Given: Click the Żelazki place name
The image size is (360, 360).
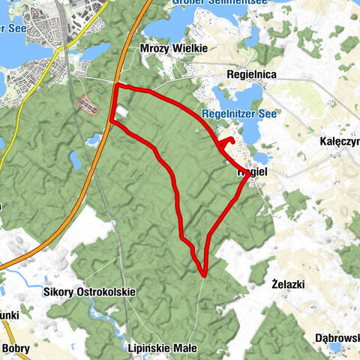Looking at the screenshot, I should click(288, 285).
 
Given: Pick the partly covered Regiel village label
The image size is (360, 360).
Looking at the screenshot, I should click(253, 172).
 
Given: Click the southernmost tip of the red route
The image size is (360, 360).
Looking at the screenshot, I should click(203, 276).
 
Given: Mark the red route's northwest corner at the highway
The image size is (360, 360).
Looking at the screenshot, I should click(117, 87).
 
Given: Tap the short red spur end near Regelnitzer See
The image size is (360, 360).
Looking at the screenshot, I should click(233, 141).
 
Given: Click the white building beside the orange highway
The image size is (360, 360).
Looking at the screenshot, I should click(121, 110).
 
